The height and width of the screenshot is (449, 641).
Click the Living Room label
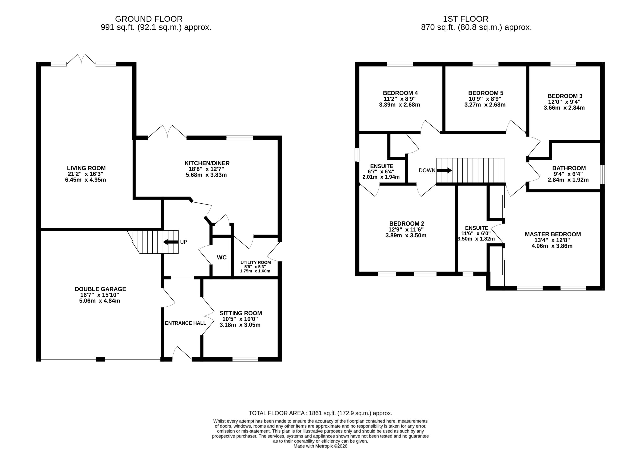pos(86,168)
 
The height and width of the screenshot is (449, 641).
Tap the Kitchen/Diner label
pos(207,163)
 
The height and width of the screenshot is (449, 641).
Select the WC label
pos(222,257)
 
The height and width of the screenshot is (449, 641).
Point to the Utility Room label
pos(256,262)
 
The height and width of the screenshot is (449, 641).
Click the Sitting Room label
pos(241,313)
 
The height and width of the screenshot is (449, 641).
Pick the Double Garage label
pos(100,289)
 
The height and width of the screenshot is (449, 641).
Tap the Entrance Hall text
pos(185,323)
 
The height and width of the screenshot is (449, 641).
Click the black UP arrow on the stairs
pos(171,242)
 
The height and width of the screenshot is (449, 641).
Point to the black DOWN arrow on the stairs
pos(444,170)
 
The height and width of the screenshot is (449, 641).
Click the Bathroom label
pos(569,168)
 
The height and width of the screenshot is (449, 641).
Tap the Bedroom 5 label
pos(486,93)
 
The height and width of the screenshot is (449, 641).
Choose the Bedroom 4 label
pos(400,93)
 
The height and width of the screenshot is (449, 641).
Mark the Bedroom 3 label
pos(564,96)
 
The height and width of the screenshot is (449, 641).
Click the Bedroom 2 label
pos(407,223)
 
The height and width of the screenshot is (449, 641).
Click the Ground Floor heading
pos(149,19)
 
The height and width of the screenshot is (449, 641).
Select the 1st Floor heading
pos(466,19)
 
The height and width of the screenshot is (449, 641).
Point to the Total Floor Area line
pos(320,413)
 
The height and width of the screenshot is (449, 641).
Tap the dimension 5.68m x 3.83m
pos(206,175)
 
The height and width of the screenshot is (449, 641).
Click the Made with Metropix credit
pos(320,446)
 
